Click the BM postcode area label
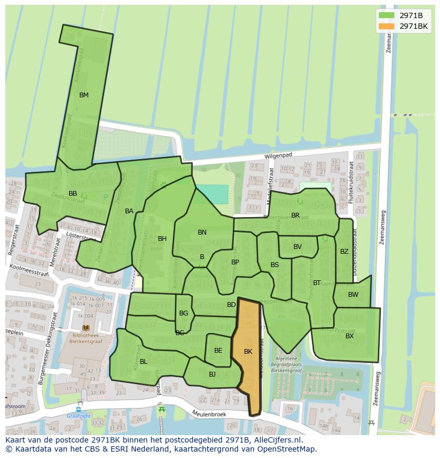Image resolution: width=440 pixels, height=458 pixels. pyautogui.click(x=83, y=95)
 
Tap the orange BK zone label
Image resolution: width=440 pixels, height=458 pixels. pyautogui.click(x=248, y=352)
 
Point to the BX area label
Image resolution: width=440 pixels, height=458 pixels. pyautogui.click(x=350, y=336)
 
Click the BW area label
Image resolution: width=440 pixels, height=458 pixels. pyautogui.click(x=353, y=295)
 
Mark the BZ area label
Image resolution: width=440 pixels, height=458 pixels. pyautogui.click(x=344, y=252)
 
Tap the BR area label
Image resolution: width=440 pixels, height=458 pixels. pyautogui.click(x=295, y=215)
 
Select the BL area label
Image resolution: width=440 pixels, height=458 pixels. pyautogui.click(x=143, y=362)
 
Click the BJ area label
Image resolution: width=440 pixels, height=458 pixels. pyautogui.click(x=212, y=374)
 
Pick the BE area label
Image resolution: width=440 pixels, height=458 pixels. pyautogui.click(x=218, y=351)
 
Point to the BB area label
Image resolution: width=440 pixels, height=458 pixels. pyautogui.click(x=73, y=194)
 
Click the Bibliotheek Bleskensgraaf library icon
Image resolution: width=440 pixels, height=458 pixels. pyautogui.click(x=86, y=329)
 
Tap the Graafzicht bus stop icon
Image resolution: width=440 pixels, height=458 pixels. pyautogui.click(x=78, y=410)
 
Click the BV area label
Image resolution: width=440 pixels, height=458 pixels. pyautogui.click(x=298, y=247)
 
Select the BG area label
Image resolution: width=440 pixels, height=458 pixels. pyautogui.click(x=183, y=313)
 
